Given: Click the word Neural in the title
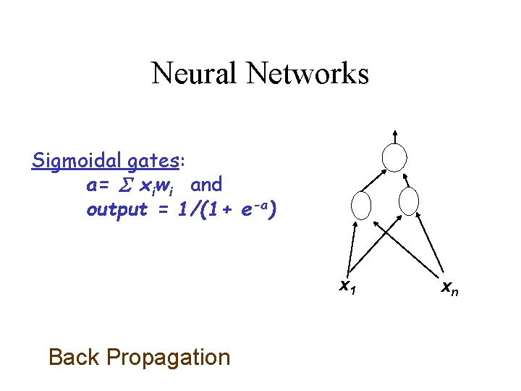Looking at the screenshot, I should pos(195,73).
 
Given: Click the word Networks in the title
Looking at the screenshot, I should pos(308,73).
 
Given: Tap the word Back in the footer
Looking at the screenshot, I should pos(74,357).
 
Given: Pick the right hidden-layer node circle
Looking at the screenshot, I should pos(409,203).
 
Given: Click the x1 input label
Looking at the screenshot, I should pos(348,287).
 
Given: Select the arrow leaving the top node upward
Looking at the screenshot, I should pos(395,135).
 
